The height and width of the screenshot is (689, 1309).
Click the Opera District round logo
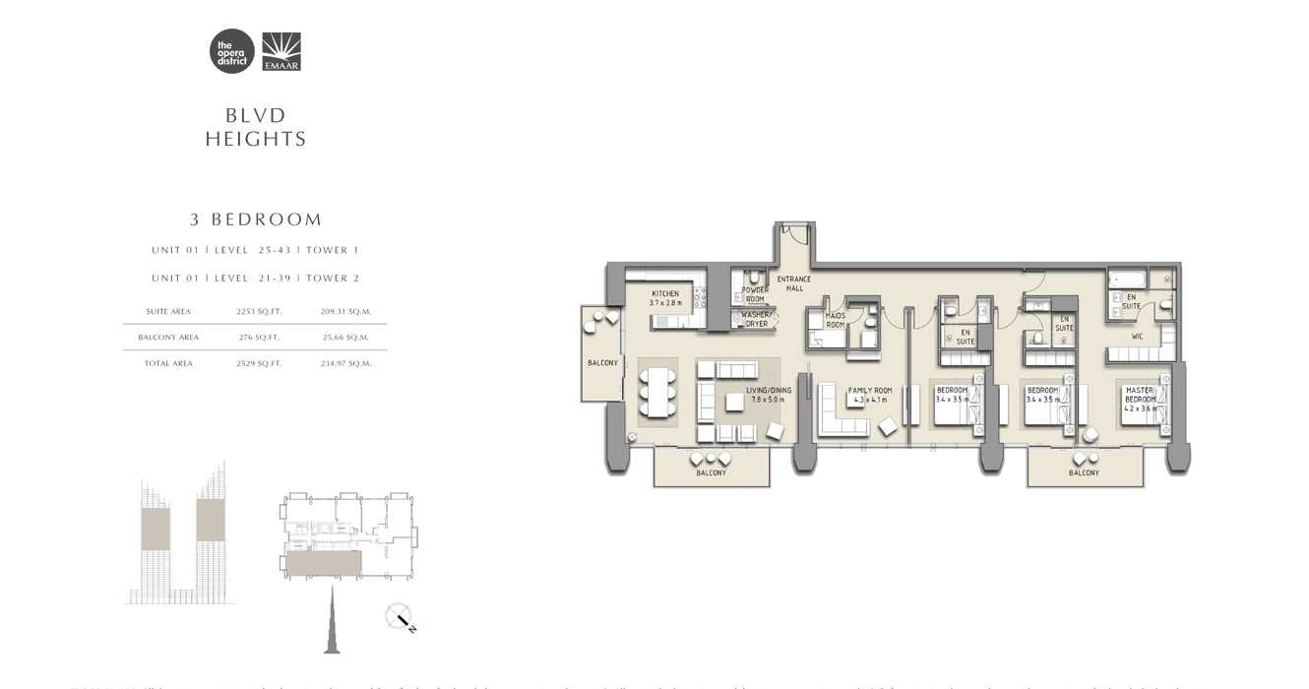pyautogui.click(x=231, y=51)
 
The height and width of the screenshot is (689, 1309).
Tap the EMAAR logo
pyautogui.click(x=281, y=51)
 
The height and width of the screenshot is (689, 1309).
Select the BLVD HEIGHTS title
pyautogui.click(x=256, y=128)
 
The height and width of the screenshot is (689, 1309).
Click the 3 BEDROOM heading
pyautogui.click(x=256, y=219)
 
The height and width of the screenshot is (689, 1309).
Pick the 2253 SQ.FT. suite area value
pyautogui.click(x=259, y=311)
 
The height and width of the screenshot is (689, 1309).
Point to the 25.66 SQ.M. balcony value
pyautogui.click(x=345, y=337)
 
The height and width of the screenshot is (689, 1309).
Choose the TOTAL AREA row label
pyautogui.click(x=169, y=363)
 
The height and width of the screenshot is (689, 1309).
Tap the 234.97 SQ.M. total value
pyautogui.click(x=345, y=363)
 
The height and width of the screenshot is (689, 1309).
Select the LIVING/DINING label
pyautogui.click(x=769, y=395)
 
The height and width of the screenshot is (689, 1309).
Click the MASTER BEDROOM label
pyautogui.click(x=1139, y=395)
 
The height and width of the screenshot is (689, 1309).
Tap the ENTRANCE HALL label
pyautogui.click(x=794, y=283)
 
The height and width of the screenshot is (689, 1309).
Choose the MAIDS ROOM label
pyautogui.click(x=836, y=320)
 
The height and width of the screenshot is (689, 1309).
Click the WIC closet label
pyautogui.click(x=1137, y=337)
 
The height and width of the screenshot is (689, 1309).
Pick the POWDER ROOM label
pyautogui.click(x=755, y=294)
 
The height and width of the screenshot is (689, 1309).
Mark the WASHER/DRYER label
pyautogui.click(x=756, y=319)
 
